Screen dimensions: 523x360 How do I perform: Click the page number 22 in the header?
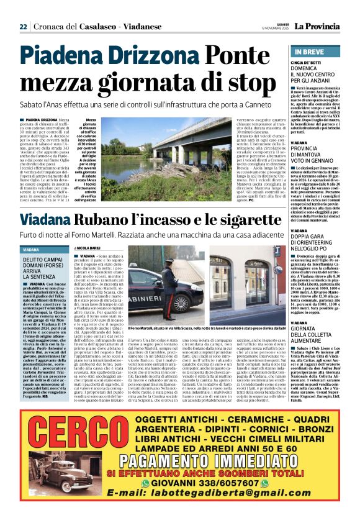(x=22, y=26)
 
